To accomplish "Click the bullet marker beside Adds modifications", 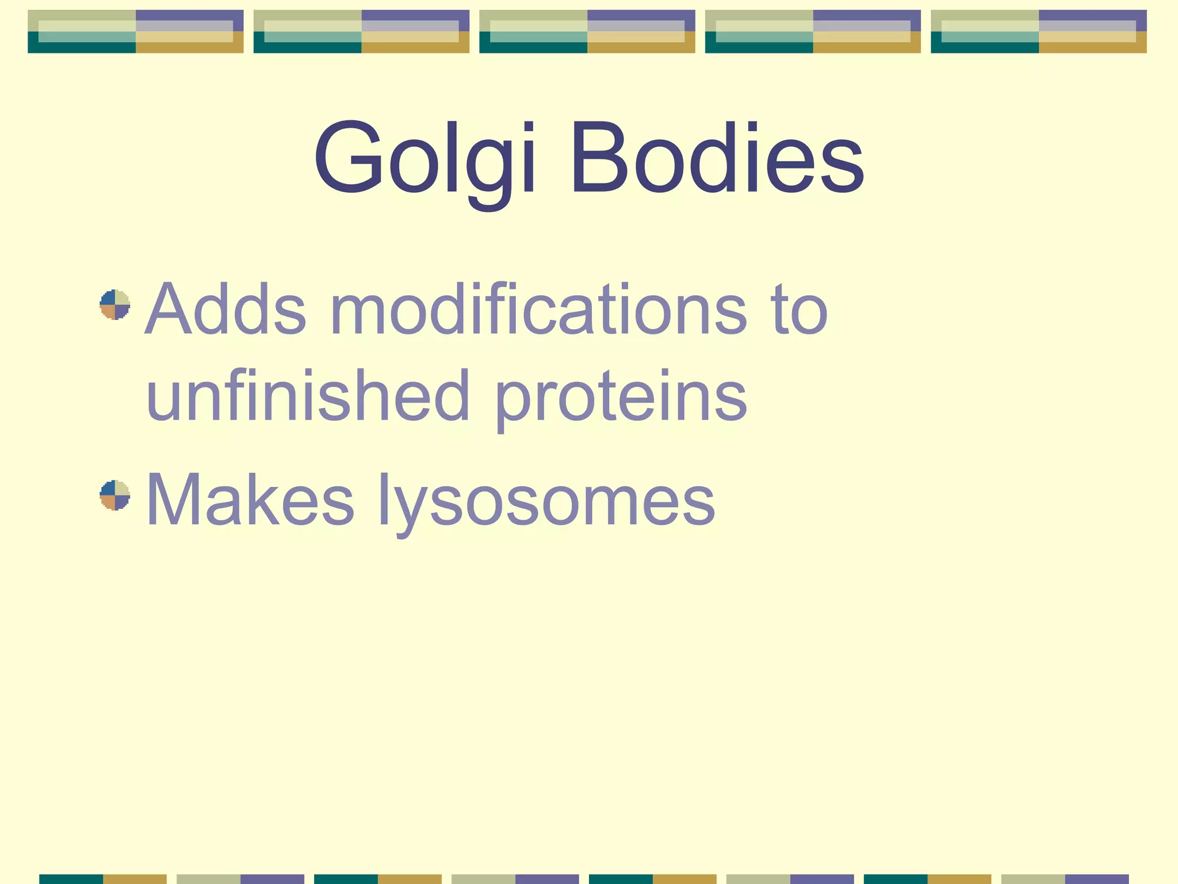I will point(115,304).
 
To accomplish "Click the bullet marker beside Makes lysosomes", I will point(115,495).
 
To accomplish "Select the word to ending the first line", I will point(800,311).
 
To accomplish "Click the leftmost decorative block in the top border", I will point(136,31).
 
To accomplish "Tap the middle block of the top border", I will point(587,31).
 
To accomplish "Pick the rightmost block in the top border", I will point(1039,31).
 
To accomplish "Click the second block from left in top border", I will point(361,31).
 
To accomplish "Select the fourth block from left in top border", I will point(813,31).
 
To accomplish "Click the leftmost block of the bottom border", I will point(103,879).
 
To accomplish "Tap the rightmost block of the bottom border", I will point(1065,879).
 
